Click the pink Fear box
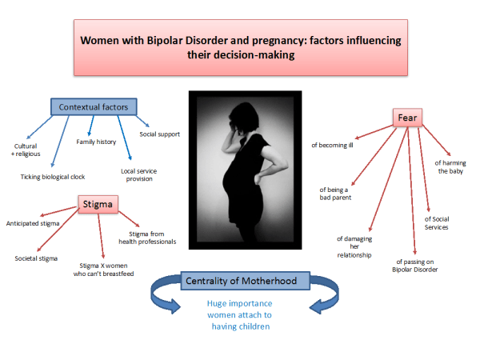[407, 118]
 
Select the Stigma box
[98, 204]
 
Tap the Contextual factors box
[94, 107]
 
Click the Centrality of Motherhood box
[246, 281]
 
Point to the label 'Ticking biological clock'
[53, 177]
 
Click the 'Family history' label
[96, 142]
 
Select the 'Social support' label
[159, 134]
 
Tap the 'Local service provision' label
[139, 174]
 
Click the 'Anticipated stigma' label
[33, 223]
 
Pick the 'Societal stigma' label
[36, 258]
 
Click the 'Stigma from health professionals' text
[147, 238]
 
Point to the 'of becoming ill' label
[332, 145]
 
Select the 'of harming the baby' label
[450, 167]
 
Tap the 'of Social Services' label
[437, 223]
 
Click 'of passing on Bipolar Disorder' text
[414, 266]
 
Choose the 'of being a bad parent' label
[335, 194]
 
